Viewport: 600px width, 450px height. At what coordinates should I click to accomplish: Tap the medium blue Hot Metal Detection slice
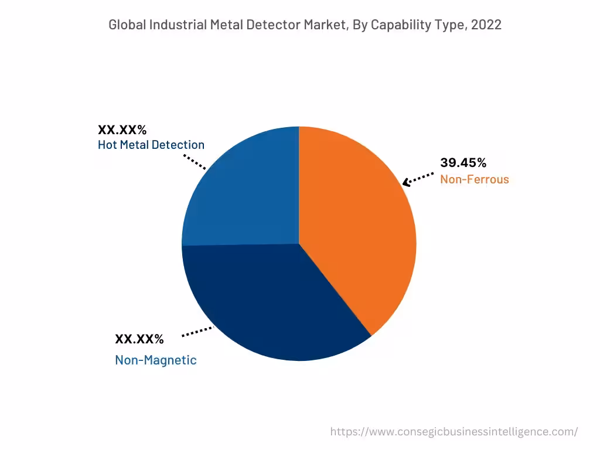(246, 193)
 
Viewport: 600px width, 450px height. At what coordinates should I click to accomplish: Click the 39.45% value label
(463, 163)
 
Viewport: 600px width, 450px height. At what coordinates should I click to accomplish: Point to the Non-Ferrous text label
(474, 179)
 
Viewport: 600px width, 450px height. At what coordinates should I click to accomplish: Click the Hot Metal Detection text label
(151, 145)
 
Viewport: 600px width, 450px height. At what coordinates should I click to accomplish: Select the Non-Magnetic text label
(155, 360)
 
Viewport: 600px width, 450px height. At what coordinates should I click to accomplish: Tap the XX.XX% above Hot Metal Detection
(122, 129)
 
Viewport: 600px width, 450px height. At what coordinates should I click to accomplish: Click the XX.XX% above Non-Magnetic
(139, 339)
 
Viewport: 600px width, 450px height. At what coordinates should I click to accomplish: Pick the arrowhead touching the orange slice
(406, 182)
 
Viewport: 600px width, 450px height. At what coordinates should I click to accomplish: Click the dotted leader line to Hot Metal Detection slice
(195, 162)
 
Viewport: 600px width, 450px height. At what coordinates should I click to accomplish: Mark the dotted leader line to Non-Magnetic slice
(197, 332)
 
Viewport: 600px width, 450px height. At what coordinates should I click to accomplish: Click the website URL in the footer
(454, 432)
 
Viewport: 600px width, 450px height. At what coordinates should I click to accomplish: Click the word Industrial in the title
(176, 25)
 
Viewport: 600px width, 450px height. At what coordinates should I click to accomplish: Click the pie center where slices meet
(299, 244)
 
